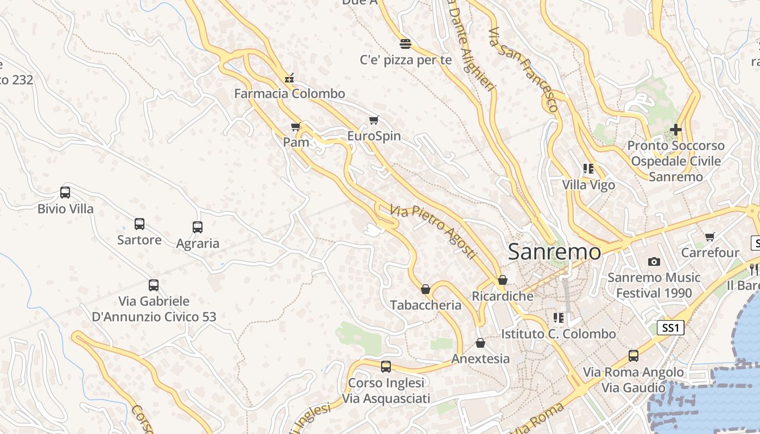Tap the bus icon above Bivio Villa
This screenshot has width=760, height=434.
[x=65, y=193]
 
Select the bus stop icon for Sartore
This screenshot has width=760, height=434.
[x=140, y=224]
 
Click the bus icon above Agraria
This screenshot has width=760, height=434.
[x=198, y=227]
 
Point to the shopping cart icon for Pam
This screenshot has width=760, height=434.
[x=296, y=127]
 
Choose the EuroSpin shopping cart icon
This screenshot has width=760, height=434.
[x=373, y=120]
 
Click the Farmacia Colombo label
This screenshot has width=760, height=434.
[x=289, y=94]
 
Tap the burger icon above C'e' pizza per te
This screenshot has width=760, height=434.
[x=406, y=44]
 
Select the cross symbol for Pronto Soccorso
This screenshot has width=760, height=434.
[x=675, y=130]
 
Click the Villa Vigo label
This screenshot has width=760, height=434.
[x=588, y=185]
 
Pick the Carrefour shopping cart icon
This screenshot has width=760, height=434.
[x=710, y=237]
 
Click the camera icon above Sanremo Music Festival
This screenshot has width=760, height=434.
[x=654, y=262]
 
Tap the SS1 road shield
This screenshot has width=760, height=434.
[x=671, y=328]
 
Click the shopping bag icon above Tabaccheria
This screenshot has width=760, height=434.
[x=426, y=289]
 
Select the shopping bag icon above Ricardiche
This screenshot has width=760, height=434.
[x=503, y=280]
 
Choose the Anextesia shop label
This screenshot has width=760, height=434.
[x=480, y=359]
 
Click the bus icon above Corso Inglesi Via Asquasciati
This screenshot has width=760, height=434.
[x=386, y=367]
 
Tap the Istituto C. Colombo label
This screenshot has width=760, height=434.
[x=558, y=334]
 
